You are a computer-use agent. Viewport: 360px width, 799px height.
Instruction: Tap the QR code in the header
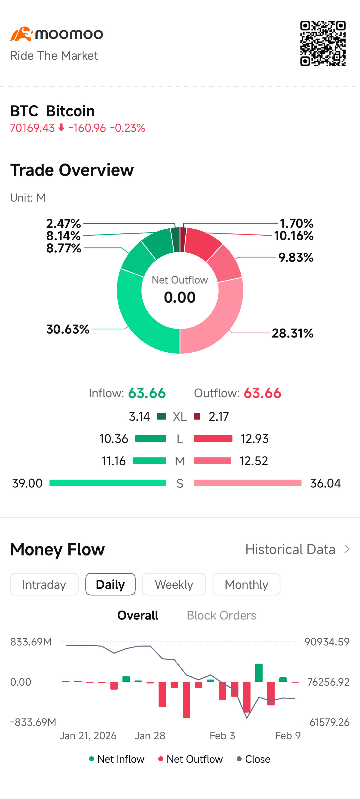pyautogui.click(x=323, y=44)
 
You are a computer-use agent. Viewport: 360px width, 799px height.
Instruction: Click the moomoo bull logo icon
pyautogui.click(x=21, y=34)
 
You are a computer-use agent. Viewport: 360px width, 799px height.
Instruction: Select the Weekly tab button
pyautogui.click(x=174, y=584)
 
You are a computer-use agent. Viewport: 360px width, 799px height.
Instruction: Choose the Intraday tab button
pyautogui.click(x=44, y=584)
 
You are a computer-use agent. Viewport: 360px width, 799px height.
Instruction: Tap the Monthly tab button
pyautogui.click(x=246, y=584)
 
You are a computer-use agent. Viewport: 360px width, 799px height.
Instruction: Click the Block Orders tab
pyautogui.click(x=221, y=615)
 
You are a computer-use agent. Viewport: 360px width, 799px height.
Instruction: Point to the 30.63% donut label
pyautogui.click(x=68, y=329)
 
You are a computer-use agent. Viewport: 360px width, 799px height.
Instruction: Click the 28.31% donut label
pyautogui.click(x=293, y=333)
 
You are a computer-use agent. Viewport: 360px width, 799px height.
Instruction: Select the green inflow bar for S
pyautogui.click(x=108, y=483)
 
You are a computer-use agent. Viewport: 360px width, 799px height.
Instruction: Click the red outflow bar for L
pyautogui.click(x=213, y=438)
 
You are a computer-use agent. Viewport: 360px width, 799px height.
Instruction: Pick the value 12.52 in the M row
pyautogui.click(x=254, y=461)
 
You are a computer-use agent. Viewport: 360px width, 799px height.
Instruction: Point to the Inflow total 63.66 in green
pyautogui.click(x=147, y=393)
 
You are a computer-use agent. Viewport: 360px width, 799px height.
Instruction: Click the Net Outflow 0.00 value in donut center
pyautogui.click(x=180, y=297)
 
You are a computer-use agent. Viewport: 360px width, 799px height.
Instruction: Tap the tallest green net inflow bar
pyautogui.click(x=259, y=673)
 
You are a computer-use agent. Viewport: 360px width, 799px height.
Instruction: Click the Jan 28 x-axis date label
pyautogui.click(x=150, y=736)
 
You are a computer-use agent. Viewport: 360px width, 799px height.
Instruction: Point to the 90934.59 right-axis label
pyautogui.click(x=327, y=642)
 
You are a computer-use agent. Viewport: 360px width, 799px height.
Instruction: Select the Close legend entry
pyautogui.click(x=253, y=759)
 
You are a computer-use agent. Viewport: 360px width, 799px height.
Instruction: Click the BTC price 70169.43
pyautogui.click(x=33, y=128)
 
